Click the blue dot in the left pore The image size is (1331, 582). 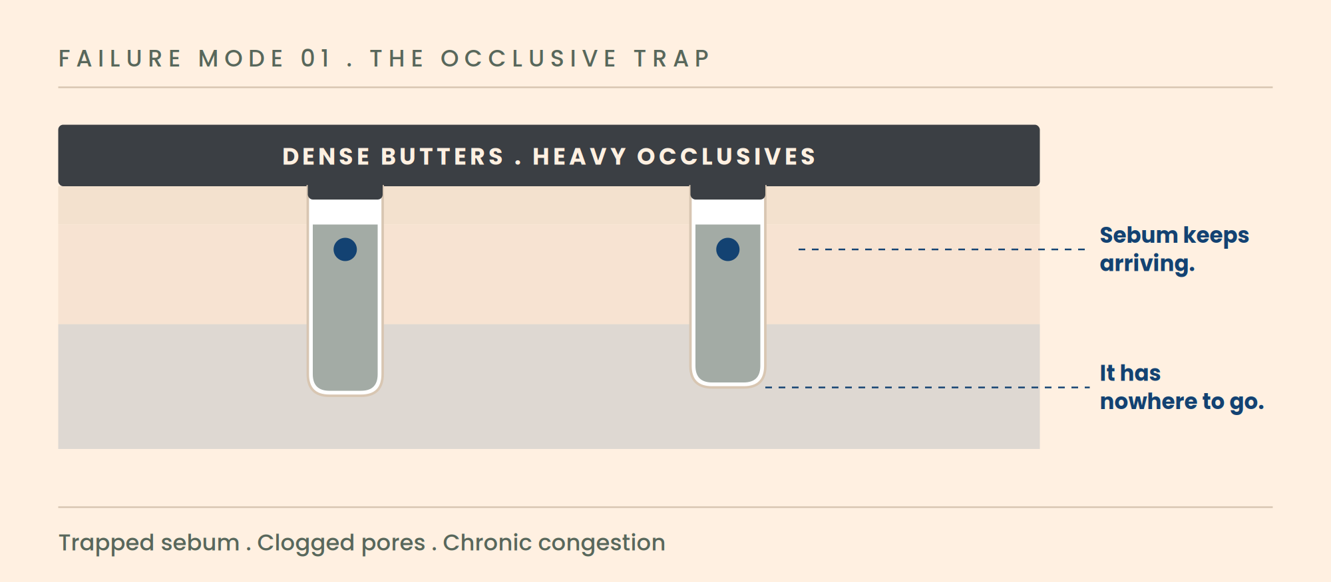point(345,249)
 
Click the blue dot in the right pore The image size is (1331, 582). point(727,249)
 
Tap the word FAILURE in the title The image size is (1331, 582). point(120,59)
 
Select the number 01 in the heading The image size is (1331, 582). point(315,59)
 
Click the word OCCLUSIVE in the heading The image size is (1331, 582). point(529,59)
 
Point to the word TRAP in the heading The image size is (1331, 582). point(672,59)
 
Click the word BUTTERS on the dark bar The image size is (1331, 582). point(443,156)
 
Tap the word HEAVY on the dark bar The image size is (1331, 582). point(580,156)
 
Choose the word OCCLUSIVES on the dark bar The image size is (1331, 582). point(727,156)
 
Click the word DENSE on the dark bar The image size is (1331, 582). point(326,156)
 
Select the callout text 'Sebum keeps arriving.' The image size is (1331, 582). point(1174,249)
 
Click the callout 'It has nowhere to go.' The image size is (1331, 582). point(1181,387)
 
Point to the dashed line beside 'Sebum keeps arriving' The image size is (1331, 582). point(942,249)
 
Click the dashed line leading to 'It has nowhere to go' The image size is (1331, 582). point(928,387)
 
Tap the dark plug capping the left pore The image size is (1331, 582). point(345,192)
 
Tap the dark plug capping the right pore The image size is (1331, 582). point(727,192)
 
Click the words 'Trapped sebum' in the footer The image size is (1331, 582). point(149,543)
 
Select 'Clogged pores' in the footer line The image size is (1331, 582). point(341,543)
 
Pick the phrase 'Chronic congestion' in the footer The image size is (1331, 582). point(554,543)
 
